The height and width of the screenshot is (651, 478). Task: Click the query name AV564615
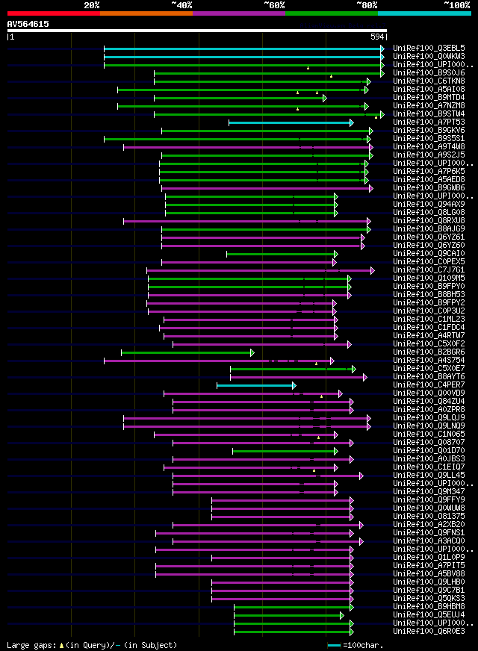point(28,24)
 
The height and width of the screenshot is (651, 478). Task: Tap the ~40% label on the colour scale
point(181,4)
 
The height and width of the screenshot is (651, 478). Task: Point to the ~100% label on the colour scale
point(456,4)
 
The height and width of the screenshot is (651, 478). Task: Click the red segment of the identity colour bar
point(53,13)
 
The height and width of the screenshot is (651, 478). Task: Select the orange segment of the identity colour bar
point(146,13)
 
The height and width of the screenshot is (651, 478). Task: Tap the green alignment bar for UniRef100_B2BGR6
point(187,352)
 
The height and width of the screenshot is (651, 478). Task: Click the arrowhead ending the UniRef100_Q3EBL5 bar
point(382,48)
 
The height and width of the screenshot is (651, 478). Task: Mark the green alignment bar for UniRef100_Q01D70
point(284,451)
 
